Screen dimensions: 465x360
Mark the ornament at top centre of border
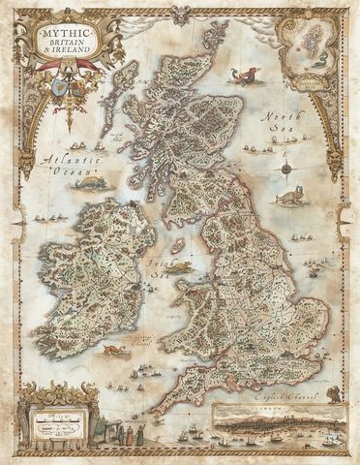180,15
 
